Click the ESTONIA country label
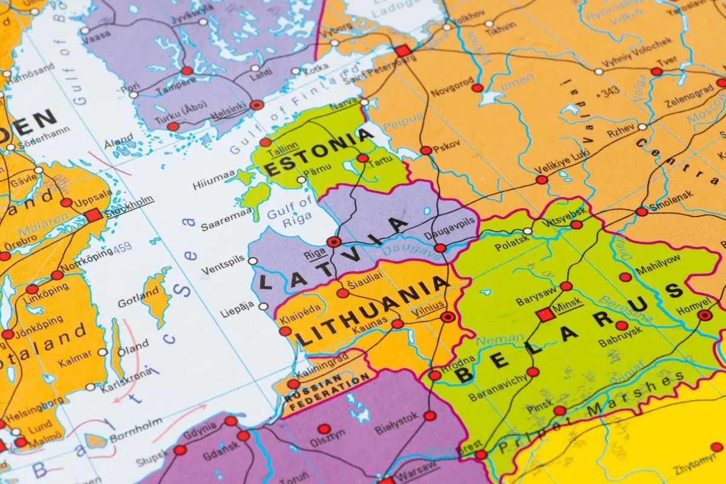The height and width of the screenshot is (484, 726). pyautogui.click(x=319, y=152)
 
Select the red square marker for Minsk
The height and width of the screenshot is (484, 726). pyautogui.click(x=546, y=315)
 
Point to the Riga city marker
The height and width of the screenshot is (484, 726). pyautogui.click(x=333, y=242)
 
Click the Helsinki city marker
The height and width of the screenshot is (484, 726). pyautogui.click(x=257, y=105)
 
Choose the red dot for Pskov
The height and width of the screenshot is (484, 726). pyautogui.click(x=426, y=151)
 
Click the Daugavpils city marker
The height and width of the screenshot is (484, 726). pyautogui.click(x=440, y=248)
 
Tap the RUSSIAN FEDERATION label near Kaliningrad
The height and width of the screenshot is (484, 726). pyautogui.click(x=327, y=390)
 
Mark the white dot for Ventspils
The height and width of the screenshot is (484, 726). pyautogui.click(x=253, y=261)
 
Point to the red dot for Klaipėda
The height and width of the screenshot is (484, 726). pyautogui.click(x=285, y=331)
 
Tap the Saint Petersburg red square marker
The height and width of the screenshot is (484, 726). pyautogui.click(x=402, y=51)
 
